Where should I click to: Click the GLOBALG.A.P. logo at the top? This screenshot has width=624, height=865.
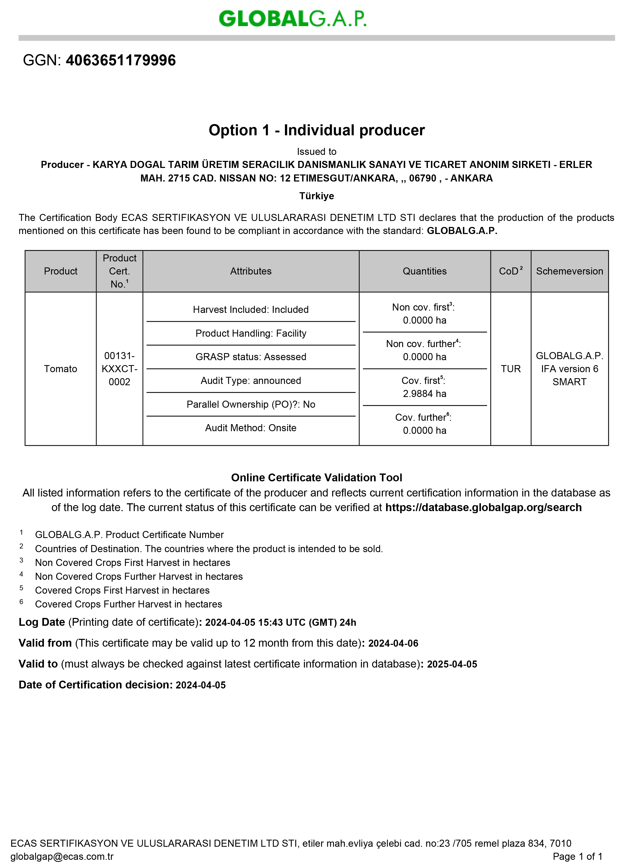(292, 18)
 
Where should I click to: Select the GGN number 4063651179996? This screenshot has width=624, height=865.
(121, 60)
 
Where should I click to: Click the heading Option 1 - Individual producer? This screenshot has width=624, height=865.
(316, 130)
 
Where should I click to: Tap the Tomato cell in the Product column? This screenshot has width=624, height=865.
(60, 369)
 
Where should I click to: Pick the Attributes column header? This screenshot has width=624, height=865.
(251, 271)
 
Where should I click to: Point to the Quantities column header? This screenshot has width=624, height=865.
(424, 271)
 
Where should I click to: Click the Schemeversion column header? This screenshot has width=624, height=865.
(569, 271)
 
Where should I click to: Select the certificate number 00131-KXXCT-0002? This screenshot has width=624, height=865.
(119, 369)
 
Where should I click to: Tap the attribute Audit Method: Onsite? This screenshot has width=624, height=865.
(251, 428)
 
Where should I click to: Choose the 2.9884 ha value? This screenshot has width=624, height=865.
(424, 394)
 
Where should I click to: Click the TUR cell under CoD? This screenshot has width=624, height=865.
(511, 369)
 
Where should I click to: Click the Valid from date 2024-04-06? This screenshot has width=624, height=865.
(393, 644)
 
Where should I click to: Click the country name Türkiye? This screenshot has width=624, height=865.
(316, 196)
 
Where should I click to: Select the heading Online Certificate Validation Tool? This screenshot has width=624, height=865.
(316, 477)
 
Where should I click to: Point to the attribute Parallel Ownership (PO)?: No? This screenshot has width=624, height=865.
(251, 404)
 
